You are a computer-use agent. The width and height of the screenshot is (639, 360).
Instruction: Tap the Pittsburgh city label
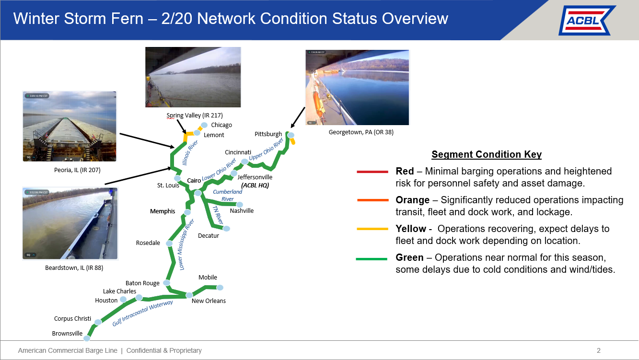point(268,134)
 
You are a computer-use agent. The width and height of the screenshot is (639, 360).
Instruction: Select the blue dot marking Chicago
point(204,125)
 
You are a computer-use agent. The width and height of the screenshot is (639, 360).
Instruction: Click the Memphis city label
point(163,211)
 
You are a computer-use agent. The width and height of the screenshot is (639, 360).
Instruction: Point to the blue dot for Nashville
point(240,205)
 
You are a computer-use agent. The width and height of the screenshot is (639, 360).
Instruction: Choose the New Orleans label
point(209,301)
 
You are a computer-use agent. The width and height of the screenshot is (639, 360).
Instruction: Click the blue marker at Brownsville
point(87,338)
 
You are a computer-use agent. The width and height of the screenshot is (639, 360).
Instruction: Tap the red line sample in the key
point(372,172)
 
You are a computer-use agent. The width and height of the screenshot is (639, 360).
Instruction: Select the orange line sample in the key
point(372,200)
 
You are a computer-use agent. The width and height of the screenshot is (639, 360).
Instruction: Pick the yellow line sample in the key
point(372,229)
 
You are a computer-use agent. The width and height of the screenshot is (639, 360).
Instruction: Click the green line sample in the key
point(372,259)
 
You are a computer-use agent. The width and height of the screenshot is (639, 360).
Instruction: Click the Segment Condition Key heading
point(487,154)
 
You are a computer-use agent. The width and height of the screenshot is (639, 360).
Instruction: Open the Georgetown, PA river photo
point(357,87)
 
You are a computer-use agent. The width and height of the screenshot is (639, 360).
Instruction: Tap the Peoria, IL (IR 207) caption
point(77,170)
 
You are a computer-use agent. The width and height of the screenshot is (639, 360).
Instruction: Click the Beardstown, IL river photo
point(70,223)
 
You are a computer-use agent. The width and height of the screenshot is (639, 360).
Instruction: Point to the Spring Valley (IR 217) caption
point(195,115)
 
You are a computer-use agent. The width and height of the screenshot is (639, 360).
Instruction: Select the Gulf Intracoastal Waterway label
point(143,313)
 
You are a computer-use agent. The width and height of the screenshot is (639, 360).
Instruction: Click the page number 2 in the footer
point(598,350)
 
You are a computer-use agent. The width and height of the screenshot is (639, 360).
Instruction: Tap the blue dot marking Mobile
point(220,288)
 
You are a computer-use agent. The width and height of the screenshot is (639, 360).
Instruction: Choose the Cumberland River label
point(227,195)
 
